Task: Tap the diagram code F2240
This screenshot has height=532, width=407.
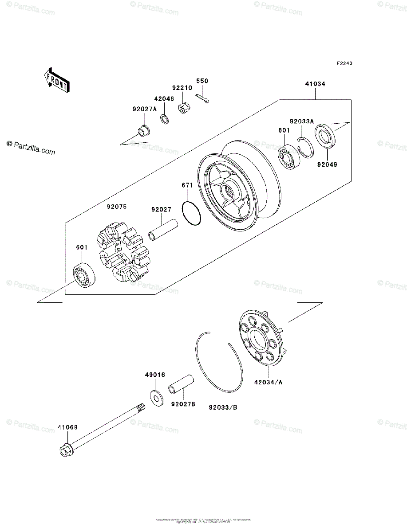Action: tap(344, 64)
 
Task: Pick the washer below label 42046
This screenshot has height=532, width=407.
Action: tap(164, 118)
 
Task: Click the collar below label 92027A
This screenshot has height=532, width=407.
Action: tap(143, 132)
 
